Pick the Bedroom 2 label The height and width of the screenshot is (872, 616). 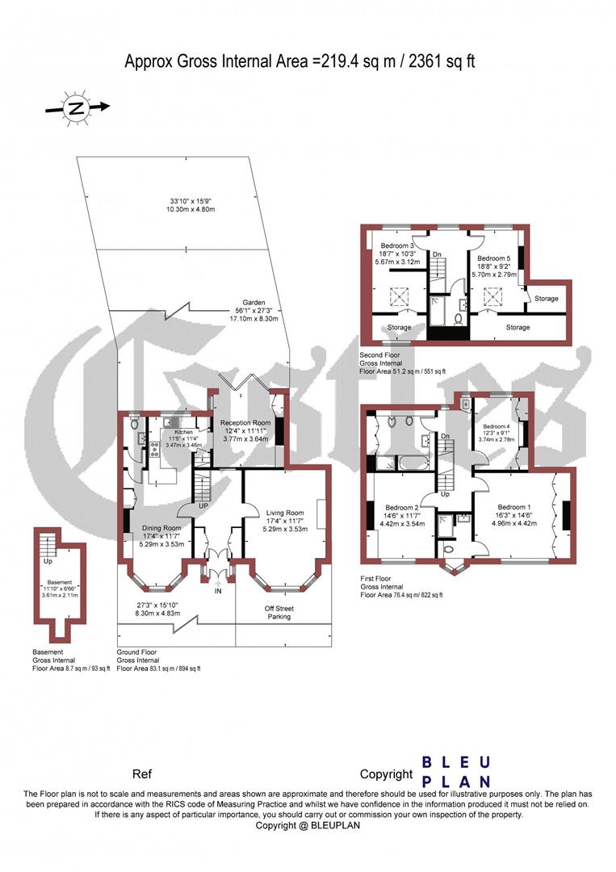click(402, 509)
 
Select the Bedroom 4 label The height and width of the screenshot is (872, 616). click(497, 426)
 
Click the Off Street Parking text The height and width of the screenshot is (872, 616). click(280, 612)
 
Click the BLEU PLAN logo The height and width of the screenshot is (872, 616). click(457, 771)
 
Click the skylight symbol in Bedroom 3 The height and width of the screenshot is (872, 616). click(397, 298)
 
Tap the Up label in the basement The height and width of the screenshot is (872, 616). click(48, 560)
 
